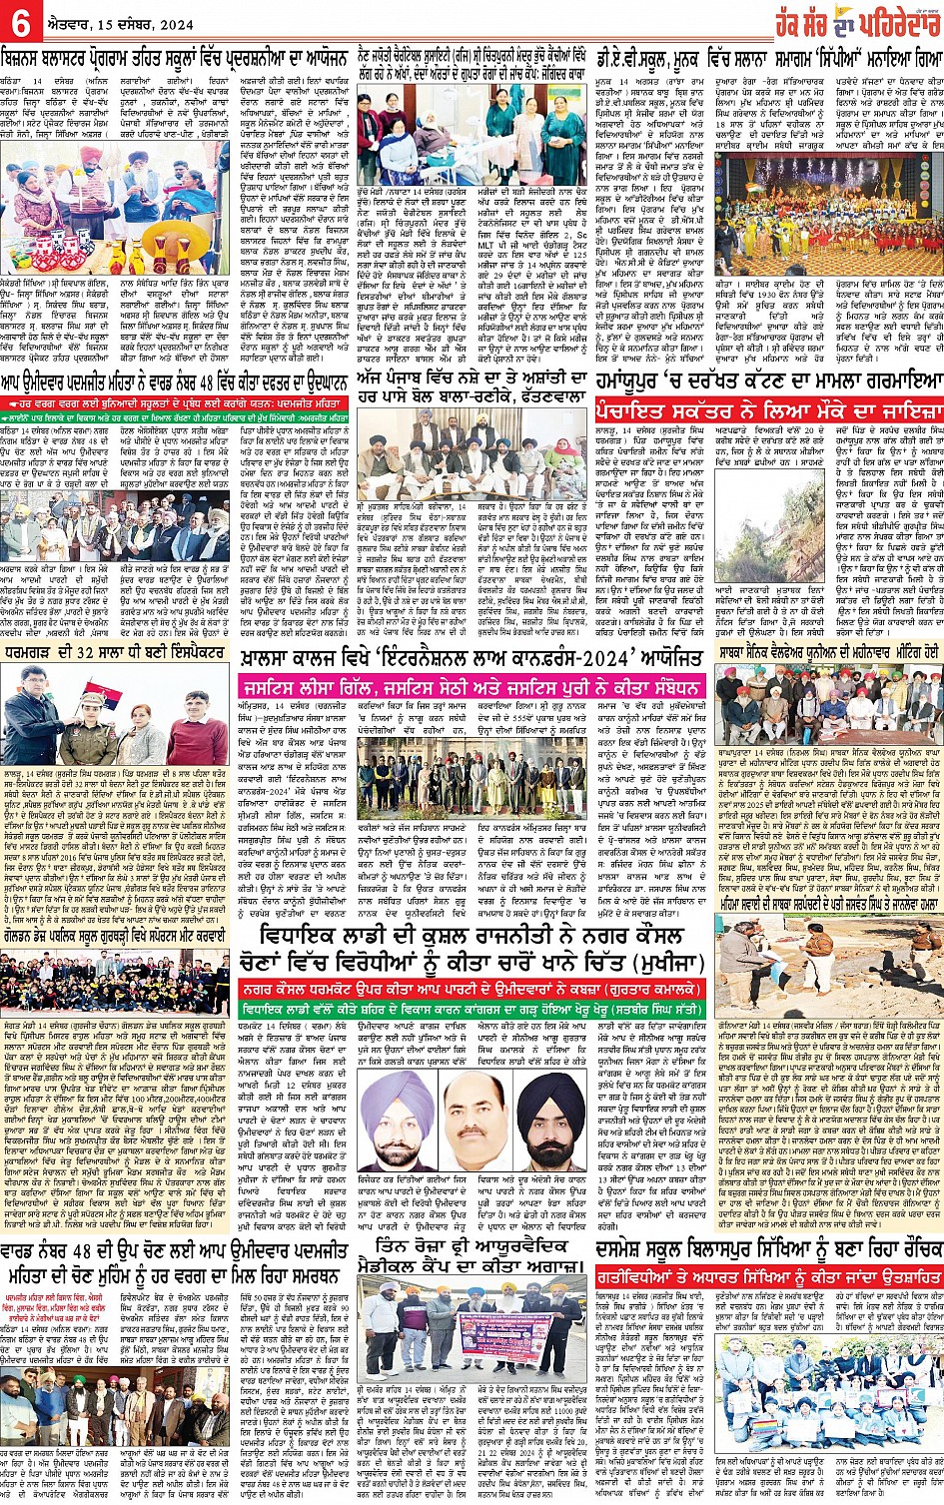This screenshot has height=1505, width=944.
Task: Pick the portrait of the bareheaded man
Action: click(x=472, y=1109)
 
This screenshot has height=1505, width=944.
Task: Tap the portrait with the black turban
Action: click(x=550, y=1109)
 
